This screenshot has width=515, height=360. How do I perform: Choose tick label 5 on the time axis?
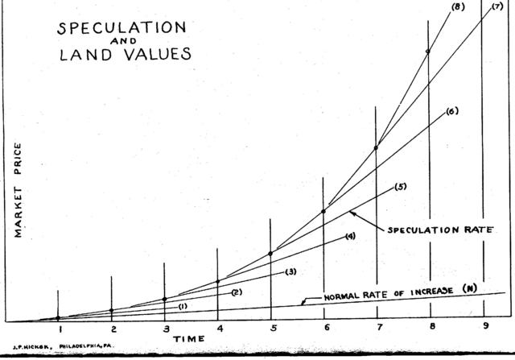coord(272,329)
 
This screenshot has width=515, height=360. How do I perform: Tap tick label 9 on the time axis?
coord(484,326)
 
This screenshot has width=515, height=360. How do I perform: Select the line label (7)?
coord(496,7)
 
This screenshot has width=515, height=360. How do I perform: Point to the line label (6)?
coord(451,111)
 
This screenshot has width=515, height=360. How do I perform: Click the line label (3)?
coord(290,271)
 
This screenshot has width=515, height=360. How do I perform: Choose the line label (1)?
coord(183,305)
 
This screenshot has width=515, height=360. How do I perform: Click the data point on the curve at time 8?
coord(428,52)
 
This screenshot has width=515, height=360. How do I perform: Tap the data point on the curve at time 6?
coord(323,211)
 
